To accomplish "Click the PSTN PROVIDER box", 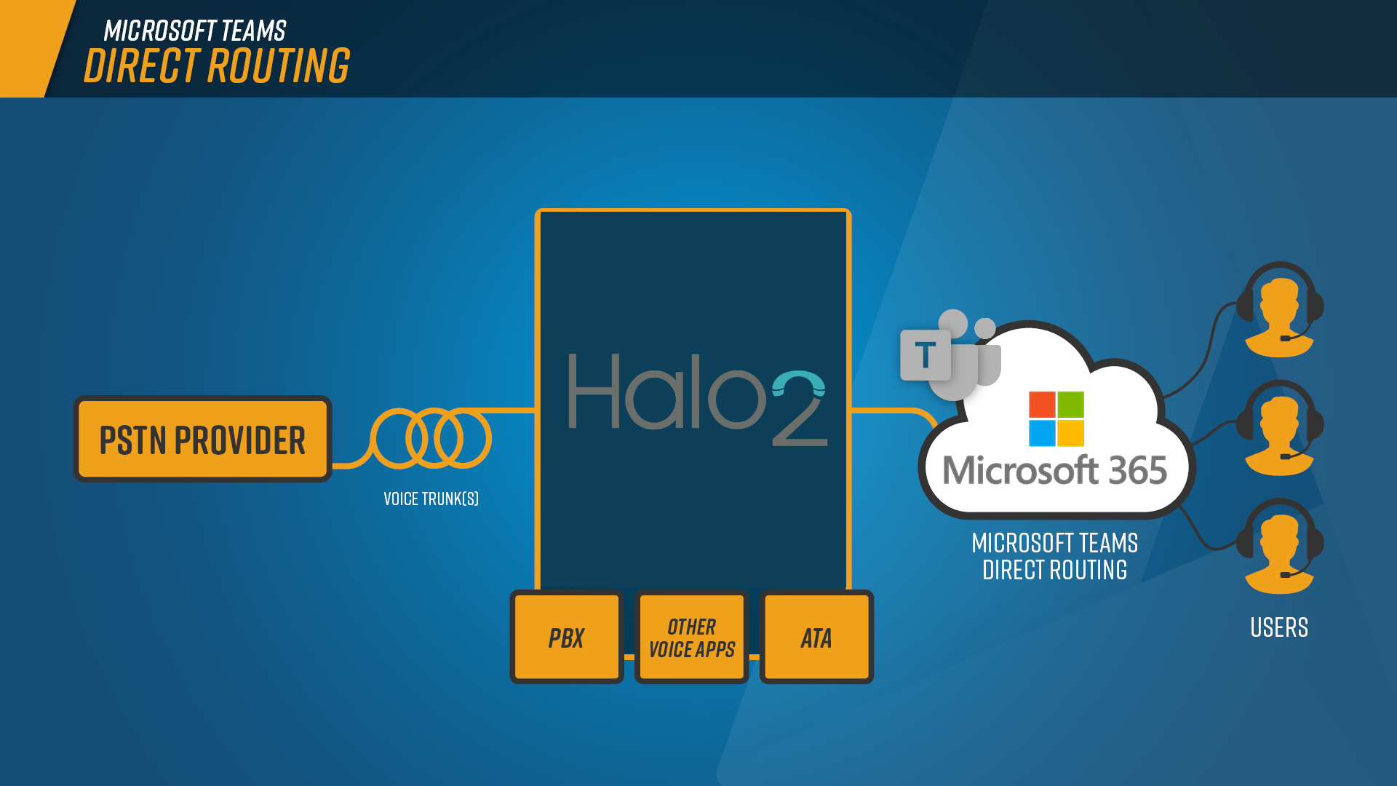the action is point(202,439).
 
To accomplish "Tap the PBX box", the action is point(566,637).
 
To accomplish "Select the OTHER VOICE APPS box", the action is point(691,637).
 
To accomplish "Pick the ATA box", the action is point(816,637).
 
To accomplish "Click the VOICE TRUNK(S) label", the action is point(431,499).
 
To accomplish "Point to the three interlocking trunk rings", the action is point(431,438).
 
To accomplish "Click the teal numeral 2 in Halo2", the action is point(799,408).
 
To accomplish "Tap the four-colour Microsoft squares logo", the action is point(1056,418).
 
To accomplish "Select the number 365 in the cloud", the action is point(1138,470).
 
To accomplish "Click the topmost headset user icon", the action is point(1280,310).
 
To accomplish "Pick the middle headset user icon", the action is point(1280,428).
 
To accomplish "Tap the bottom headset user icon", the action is point(1280,547).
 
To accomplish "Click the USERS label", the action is point(1279,627).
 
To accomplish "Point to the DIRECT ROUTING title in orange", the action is point(217,65).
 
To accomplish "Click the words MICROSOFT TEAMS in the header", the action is point(195,31).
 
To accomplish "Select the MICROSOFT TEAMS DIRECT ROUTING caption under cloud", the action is point(1055,556).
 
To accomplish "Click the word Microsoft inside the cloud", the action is point(1020,470).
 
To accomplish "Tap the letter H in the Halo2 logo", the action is point(594,391).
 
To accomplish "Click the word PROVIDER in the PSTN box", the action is point(240,440).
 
